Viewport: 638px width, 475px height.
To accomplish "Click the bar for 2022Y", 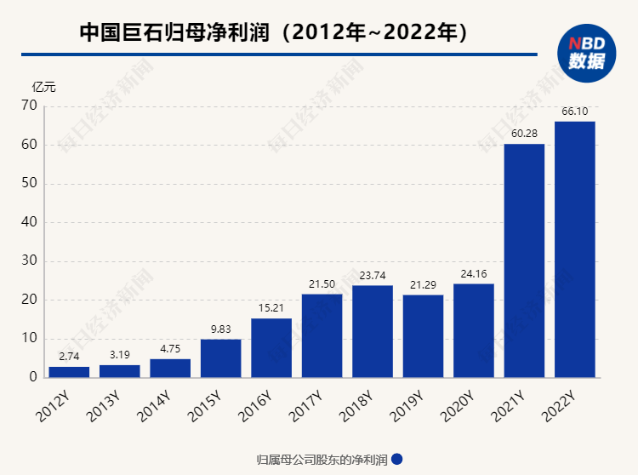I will pyautogui.click(x=574, y=249).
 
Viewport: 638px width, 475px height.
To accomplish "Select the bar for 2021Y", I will pyautogui.click(x=524, y=260).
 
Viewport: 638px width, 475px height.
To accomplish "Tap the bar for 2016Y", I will pyautogui.click(x=271, y=347).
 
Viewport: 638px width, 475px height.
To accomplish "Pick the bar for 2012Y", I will pyautogui.click(x=69, y=372).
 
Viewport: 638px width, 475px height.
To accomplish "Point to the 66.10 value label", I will pyautogui.click(x=575, y=112).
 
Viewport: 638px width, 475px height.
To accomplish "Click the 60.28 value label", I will pyautogui.click(x=524, y=134).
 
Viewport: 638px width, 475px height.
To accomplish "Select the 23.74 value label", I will pyautogui.click(x=373, y=275).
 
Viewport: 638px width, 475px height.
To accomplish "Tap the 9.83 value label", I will pyautogui.click(x=220, y=329).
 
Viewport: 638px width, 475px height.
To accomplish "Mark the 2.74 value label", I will pyautogui.click(x=69, y=356).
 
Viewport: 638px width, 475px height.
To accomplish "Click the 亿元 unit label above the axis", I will pyautogui.click(x=43, y=87).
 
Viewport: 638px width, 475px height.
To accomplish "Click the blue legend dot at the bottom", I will pyautogui.click(x=396, y=459).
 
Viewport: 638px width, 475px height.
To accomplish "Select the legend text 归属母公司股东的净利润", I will pyautogui.click(x=322, y=460).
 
